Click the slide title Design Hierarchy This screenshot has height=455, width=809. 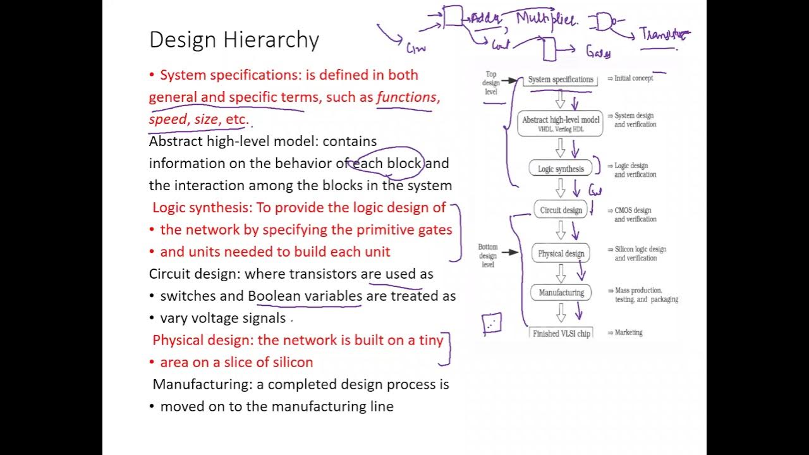coord(234,40)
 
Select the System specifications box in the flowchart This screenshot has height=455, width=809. coord(561,80)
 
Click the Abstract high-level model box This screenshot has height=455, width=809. coord(561,123)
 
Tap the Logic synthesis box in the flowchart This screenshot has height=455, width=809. coord(561,169)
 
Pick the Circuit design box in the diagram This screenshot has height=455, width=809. coord(561,210)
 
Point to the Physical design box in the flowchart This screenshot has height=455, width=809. coord(561,253)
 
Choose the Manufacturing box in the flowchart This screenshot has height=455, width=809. coord(561,293)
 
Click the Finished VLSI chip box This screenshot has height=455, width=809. coord(561,333)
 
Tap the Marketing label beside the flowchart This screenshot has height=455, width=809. coord(628,332)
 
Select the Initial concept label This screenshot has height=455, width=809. coord(634,78)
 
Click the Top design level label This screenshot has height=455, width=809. coord(491,83)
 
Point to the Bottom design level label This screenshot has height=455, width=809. coord(487,256)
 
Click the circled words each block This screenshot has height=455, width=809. coord(387,164)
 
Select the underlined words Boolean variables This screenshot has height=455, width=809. coord(305,296)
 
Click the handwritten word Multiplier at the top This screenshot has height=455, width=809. coord(546,20)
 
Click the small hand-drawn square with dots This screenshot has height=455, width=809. coord(492,324)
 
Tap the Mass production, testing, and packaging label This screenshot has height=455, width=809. coord(646,295)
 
